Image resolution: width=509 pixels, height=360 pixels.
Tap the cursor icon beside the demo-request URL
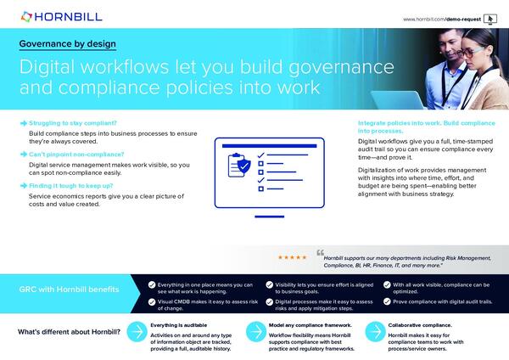coord(489,19)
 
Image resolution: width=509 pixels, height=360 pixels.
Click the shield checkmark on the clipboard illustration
coord(243,166)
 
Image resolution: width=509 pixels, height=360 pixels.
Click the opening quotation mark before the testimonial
coord(321,252)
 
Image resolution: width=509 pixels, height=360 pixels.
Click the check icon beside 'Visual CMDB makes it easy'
coord(151,302)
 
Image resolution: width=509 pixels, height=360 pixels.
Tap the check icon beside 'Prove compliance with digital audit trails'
coord(386,302)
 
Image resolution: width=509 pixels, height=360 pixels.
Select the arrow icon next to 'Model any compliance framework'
coord(253,332)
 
